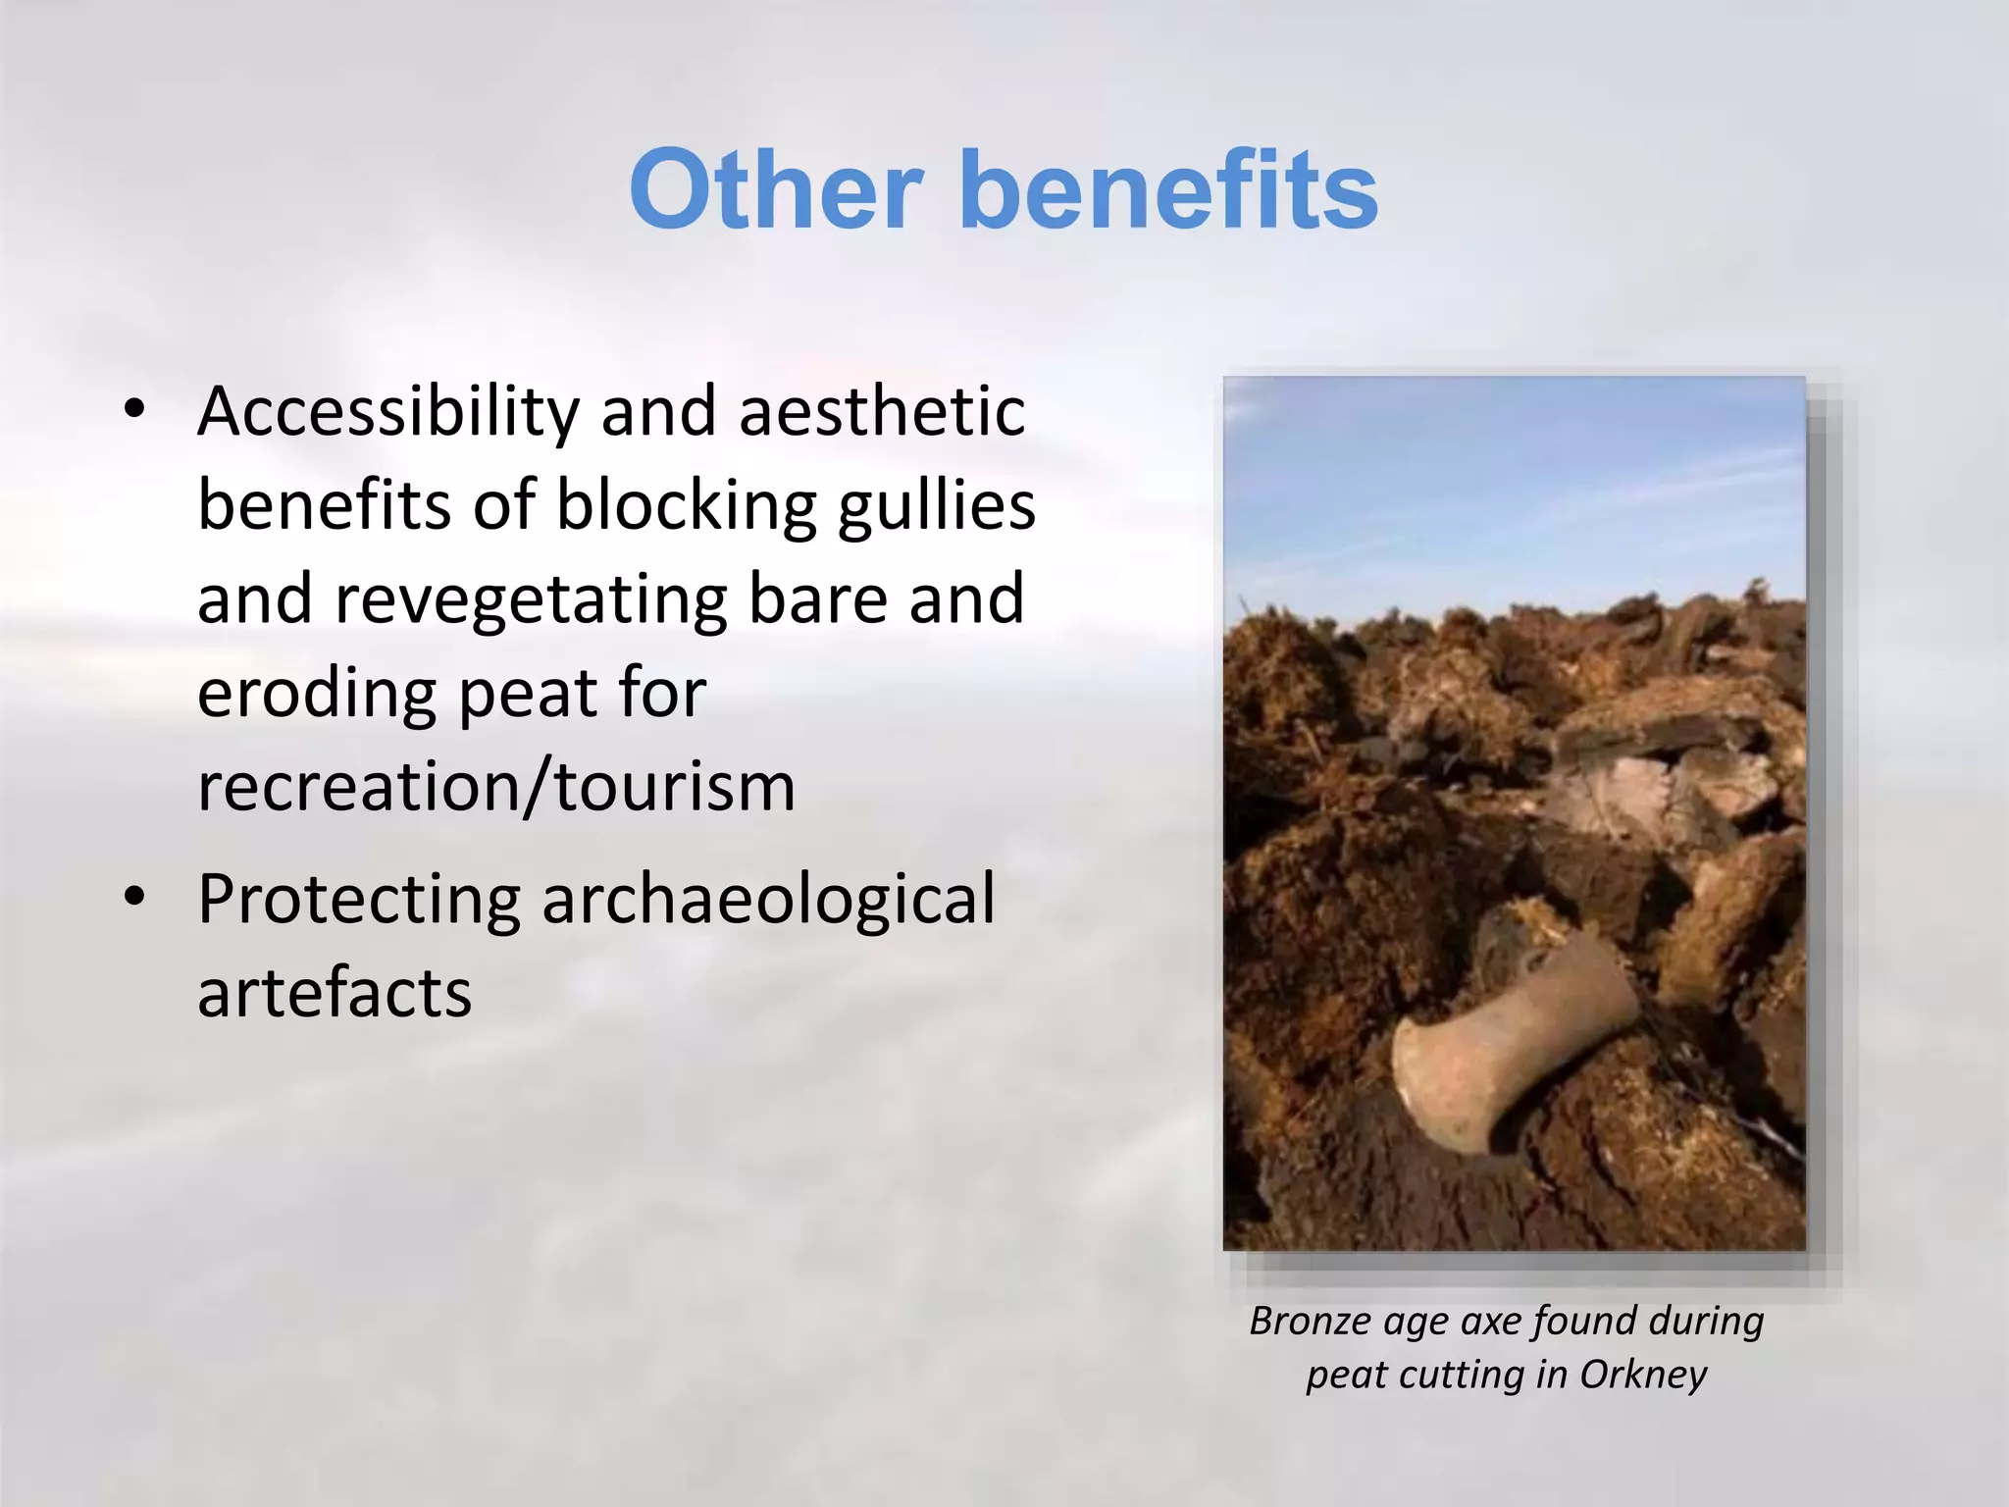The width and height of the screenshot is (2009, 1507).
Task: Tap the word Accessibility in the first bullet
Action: pos(388,412)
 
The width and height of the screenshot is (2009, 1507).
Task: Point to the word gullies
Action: pos(937,506)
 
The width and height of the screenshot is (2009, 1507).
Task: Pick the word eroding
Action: pos(316,694)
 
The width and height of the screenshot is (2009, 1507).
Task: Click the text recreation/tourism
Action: pos(496,787)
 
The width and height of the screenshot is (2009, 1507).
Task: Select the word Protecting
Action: pos(359,900)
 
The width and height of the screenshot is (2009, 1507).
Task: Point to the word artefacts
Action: pos(335,992)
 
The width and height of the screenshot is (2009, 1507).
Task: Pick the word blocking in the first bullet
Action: pos(687,506)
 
